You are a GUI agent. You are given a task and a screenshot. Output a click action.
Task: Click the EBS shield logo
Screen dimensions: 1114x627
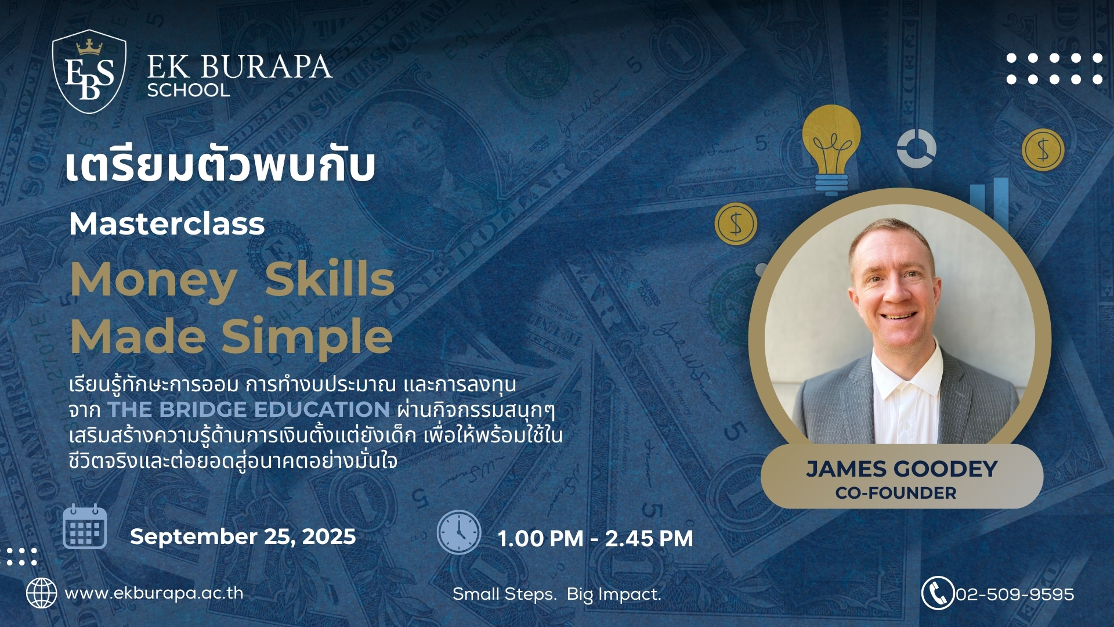[89, 71]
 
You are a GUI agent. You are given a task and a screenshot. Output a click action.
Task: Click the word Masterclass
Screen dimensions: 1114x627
[167, 224]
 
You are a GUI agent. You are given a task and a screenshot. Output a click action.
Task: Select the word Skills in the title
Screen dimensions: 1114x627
[330, 279]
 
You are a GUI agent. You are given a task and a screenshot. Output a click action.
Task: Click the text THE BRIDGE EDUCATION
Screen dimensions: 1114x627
[249, 409]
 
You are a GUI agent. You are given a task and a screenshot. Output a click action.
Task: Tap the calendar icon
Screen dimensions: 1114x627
[85, 527]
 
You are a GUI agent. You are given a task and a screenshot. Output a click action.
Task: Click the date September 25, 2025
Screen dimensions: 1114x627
[243, 536]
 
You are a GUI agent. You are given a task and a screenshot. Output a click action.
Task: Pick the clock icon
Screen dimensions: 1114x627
[459, 532]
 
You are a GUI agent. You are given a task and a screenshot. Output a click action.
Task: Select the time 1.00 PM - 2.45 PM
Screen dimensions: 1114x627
[595, 539]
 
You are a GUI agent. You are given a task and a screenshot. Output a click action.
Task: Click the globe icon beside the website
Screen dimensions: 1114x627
[42, 593]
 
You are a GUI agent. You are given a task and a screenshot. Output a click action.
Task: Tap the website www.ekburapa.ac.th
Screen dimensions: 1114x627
[154, 593]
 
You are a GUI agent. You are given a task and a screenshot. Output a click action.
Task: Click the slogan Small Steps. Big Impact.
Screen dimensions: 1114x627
[557, 594]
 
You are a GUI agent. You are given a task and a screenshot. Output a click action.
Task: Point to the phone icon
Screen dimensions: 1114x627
[938, 593]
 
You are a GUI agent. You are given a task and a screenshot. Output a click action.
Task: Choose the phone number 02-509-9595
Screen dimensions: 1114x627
[1015, 594]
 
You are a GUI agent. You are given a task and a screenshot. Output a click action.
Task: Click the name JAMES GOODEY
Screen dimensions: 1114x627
[902, 469]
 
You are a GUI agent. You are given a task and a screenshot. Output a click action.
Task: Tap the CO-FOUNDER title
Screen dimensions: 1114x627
[896, 493]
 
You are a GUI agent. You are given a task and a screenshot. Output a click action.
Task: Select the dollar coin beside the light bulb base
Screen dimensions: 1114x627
[736, 224]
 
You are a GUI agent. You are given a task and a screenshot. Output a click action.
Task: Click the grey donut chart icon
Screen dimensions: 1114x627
[916, 148]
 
